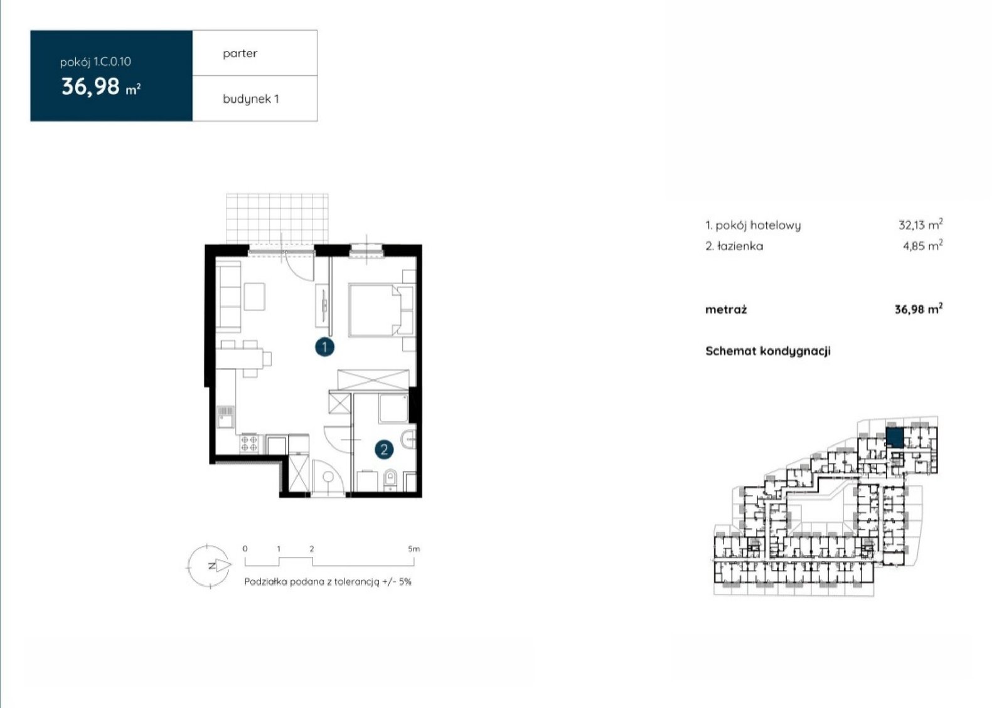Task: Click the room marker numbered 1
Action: (x=324, y=347)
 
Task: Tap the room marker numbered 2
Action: (x=384, y=449)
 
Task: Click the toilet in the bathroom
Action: (x=390, y=480)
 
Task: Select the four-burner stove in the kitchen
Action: (x=248, y=443)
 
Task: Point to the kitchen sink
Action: (x=225, y=416)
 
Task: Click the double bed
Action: (x=382, y=309)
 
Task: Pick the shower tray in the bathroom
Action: (x=393, y=408)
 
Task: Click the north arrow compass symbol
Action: (x=209, y=566)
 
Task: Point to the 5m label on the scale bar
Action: (x=414, y=549)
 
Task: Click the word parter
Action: (x=240, y=54)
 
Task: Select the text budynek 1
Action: (x=250, y=99)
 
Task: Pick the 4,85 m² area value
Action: (x=922, y=245)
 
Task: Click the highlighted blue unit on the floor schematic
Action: (x=894, y=437)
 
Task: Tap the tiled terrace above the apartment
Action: (x=277, y=219)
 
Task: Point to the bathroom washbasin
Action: (x=409, y=440)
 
